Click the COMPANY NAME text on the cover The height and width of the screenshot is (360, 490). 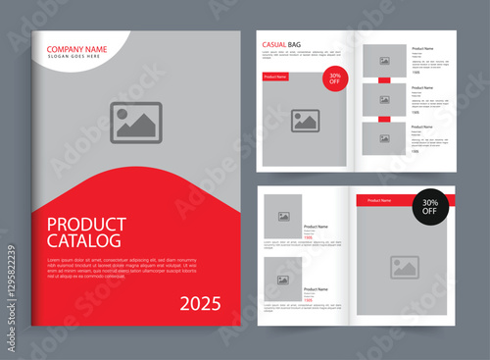coord(77,49)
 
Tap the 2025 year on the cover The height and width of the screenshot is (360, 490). coord(201,304)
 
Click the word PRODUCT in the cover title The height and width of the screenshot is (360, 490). coord(86,223)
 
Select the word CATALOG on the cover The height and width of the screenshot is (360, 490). coord(84,239)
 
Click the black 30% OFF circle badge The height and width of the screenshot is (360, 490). coord(430,206)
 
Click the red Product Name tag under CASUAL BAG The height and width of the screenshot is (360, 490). coord(275,77)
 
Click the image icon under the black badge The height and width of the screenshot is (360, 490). coord(405,267)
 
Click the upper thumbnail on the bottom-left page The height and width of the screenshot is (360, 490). coord(283,216)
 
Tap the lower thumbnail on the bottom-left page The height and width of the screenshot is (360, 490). coord(283,280)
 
